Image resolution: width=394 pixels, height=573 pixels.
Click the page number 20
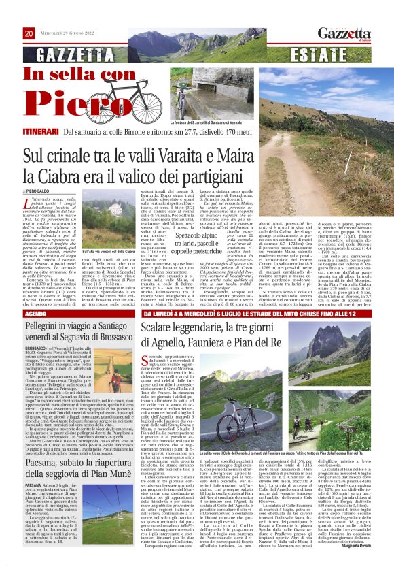[29, 34]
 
